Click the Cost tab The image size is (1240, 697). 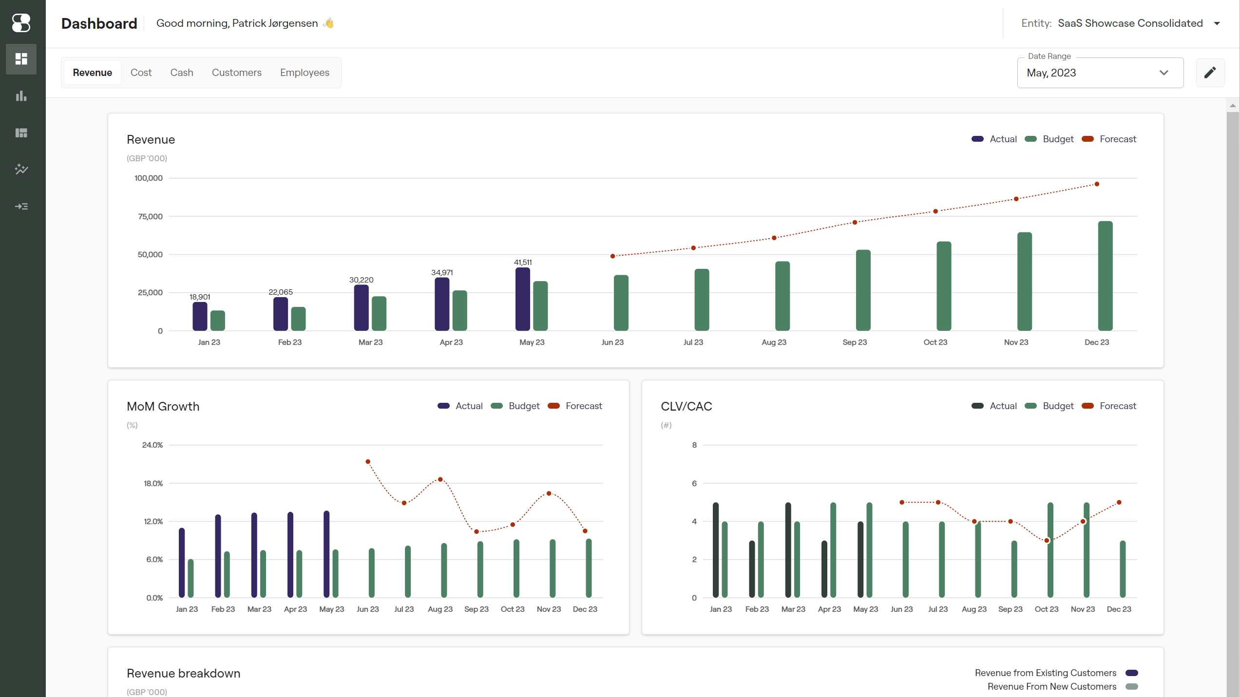click(141, 73)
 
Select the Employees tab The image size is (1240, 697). click(305, 73)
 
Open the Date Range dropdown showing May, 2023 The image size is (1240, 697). click(1100, 73)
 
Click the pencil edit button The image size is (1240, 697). click(1210, 73)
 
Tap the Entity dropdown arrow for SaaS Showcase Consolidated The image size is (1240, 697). click(1217, 23)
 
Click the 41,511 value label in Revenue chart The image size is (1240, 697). click(523, 262)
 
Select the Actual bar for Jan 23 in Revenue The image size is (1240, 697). click(200, 316)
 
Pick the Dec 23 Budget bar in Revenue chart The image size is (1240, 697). click(1105, 276)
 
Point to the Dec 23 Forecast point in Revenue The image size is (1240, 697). click(1097, 184)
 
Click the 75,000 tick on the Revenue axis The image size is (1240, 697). click(150, 216)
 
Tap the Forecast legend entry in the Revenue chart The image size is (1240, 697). click(1109, 139)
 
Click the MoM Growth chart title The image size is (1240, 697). click(163, 406)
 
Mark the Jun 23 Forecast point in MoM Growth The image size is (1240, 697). click(368, 461)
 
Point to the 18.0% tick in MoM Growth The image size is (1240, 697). click(153, 483)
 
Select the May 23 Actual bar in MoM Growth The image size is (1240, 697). click(326, 554)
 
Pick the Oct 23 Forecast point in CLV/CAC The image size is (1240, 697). click(1047, 540)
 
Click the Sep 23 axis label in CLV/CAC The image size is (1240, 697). click(1010, 609)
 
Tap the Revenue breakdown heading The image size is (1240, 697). click(183, 673)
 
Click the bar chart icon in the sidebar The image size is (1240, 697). click(21, 96)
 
